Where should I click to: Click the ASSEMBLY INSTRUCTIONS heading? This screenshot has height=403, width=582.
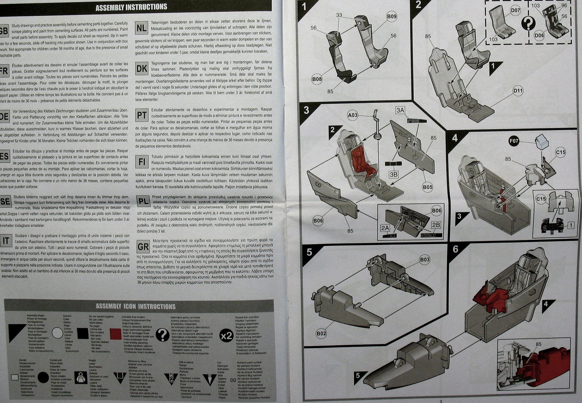click(131, 7)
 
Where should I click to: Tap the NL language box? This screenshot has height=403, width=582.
click(142, 28)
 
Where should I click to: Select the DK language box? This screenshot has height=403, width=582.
click(142, 69)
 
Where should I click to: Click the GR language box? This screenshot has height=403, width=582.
click(143, 246)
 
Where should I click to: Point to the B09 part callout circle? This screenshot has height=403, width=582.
click(392, 17)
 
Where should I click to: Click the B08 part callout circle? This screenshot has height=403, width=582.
click(317, 79)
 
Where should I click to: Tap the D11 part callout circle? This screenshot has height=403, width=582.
click(518, 91)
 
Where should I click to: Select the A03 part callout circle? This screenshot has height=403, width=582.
click(353, 115)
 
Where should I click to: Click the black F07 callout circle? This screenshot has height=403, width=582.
click(514, 141)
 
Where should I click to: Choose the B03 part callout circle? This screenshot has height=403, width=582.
click(425, 260)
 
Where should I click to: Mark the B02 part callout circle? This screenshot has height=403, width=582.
click(321, 333)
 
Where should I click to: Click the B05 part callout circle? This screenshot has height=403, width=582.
click(427, 187)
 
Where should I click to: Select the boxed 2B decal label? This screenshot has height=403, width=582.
click(436, 225)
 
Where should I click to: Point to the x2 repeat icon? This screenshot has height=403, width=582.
click(226, 336)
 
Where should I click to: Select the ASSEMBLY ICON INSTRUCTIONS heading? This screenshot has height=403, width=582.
click(136, 306)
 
